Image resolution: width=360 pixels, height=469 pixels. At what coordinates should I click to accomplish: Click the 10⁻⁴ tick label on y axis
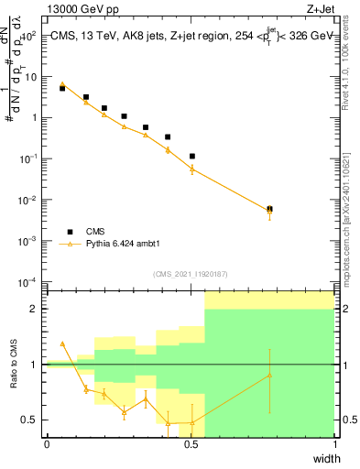[x=27, y=281]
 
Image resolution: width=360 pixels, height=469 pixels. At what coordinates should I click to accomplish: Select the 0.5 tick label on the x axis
[x=191, y=443]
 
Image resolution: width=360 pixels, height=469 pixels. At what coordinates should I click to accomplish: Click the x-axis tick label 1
[x=335, y=443]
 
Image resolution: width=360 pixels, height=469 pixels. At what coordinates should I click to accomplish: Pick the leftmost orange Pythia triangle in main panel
[x=62, y=84]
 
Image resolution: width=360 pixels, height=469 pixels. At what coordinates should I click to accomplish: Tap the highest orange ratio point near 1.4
[x=62, y=344]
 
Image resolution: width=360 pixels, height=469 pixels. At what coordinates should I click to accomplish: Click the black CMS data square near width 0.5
[x=192, y=157]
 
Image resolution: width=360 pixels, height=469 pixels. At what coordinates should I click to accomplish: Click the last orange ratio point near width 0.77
[x=269, y=376]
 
